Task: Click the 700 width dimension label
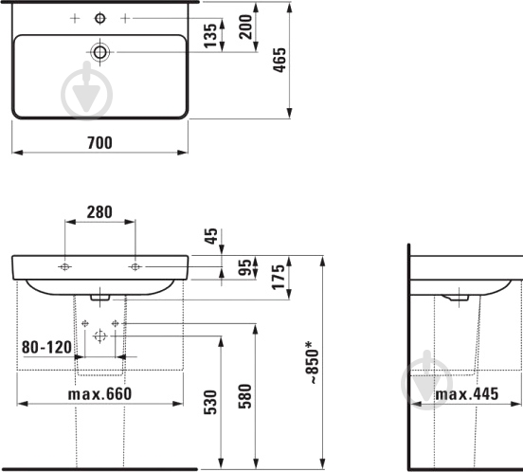[x=99, y=143]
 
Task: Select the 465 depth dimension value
[x=280, y=60]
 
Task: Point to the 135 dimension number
[x=210, y=36]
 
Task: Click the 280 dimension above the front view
[x=99, y=212]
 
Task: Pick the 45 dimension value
[x=211, y=236]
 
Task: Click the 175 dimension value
[x=279, y=277]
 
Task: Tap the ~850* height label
[x=314, y=362]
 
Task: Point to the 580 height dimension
[x=244, y=396]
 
